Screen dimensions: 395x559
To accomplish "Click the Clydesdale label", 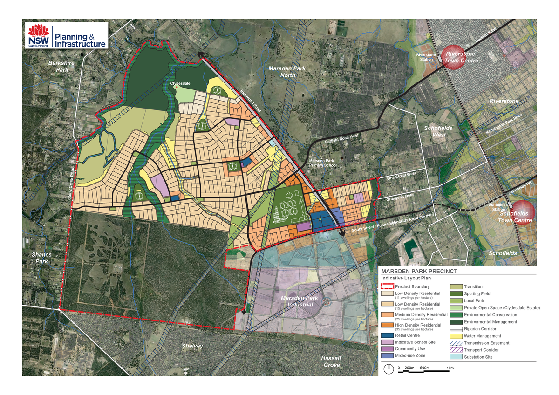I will point(180,84).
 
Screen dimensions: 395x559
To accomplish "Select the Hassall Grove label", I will point(331,361).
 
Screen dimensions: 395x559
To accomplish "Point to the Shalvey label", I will point(192,346).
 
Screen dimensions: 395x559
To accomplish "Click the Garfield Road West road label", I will point(341,138).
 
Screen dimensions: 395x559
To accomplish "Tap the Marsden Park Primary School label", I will point(322,163).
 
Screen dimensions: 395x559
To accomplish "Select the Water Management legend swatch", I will point(457,336).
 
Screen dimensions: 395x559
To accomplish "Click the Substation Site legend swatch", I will point(457,357).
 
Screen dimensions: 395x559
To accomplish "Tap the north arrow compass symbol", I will point(388,369).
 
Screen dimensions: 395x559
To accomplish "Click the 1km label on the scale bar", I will point(450,368).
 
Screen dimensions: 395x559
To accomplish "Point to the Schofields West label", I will point(435,131).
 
